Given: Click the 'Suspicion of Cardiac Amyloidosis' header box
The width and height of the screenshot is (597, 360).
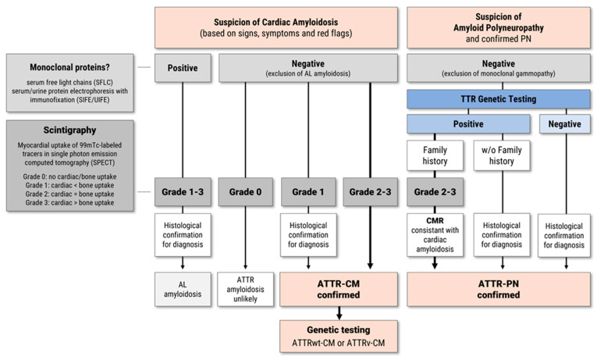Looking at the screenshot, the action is pos(276,27).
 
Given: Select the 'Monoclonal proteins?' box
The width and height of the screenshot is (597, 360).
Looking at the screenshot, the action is pos(69,83).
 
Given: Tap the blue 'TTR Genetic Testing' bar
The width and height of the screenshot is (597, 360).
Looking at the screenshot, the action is pos(499,99).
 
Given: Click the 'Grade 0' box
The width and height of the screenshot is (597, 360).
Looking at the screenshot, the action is pos(245,191).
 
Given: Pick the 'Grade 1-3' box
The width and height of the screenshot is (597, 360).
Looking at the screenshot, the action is pos(183,191).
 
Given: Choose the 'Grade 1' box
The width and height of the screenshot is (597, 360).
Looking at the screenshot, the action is pos(308,191).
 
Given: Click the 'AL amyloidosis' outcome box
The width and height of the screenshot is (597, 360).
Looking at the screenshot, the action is pos(183,289).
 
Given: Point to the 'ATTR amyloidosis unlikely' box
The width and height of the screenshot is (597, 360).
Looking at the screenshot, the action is pos(245,289).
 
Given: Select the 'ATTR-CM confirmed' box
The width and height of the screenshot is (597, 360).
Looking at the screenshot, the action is pos(339,289).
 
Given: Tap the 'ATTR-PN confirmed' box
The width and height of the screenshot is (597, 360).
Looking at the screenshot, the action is pos(499,289).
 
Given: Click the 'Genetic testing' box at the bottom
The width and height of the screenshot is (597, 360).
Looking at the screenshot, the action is pos(339,337).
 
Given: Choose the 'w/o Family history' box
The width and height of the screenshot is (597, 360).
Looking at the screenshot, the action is pos(502,155).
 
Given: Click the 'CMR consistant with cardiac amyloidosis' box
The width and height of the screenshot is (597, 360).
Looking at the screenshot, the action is pos(435,235).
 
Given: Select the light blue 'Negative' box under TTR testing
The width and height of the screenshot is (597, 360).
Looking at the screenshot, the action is pos(565,124).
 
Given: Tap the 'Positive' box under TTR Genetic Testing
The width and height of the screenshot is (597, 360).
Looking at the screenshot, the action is pos(468,124).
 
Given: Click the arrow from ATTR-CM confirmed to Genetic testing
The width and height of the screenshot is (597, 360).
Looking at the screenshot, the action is pos(339,313).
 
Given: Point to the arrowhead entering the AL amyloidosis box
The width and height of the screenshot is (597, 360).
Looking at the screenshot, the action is pos(183,266).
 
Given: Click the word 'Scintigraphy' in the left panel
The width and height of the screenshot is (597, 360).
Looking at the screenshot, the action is pos(69,130).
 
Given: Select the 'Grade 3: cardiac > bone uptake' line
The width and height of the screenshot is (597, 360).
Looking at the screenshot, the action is pos(69,203).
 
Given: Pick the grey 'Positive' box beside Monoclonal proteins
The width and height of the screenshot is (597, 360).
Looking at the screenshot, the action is pos(183,68).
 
